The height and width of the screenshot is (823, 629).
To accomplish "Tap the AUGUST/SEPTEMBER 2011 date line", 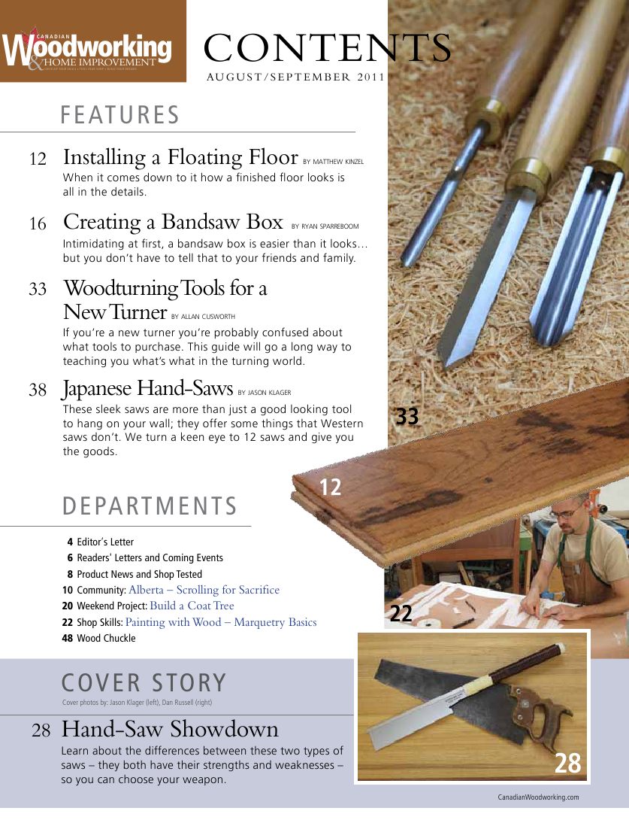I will (x=295, y=77).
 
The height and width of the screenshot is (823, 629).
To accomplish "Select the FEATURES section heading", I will (x=120, y=115).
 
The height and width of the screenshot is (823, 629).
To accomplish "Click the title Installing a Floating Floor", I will (x=180, y=158).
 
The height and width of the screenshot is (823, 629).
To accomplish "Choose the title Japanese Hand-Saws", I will (x=147, y=389).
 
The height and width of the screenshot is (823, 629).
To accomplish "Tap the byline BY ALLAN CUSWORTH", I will (x=214, y=317).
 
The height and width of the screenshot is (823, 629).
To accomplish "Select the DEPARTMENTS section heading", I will (x=150, y=506).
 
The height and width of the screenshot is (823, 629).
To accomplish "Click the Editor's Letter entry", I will (x=105, y=542).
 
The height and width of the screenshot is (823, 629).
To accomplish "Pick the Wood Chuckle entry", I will (x=106, y=639).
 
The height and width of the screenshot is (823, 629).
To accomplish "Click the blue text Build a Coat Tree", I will (x=192, y=606).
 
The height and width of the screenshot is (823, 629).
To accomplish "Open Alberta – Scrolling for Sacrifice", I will (x=204, y=590).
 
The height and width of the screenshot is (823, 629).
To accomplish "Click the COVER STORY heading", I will (x=143, y=682).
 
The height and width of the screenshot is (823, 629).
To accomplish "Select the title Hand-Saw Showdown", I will (x=170, y=729).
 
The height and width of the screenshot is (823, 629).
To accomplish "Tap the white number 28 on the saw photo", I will (x=567, y=764).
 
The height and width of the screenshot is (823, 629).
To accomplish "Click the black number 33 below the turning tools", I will (x=407, y=416).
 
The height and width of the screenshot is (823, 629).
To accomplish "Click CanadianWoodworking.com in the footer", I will (x=538, y=797).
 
